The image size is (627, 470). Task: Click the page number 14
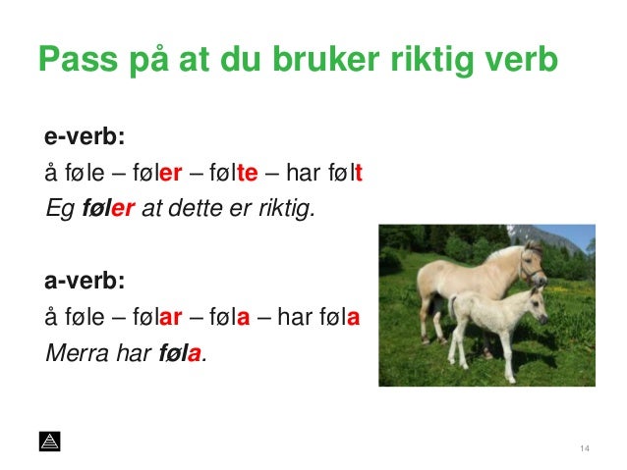pyautogui.click(x=585, y=449)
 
